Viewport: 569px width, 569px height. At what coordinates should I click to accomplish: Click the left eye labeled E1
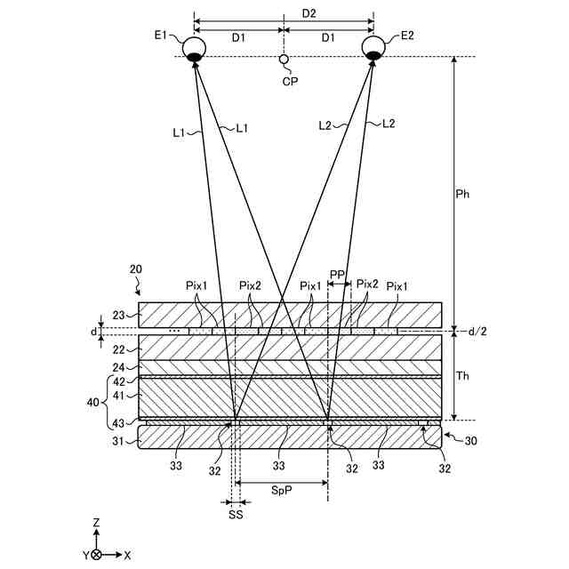coord(194,48)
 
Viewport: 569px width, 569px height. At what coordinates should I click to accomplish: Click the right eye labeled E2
coord(373,48)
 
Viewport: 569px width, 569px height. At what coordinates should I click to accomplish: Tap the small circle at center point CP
coord(284,60)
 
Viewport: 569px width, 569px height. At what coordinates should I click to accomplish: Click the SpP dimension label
coord(281,489)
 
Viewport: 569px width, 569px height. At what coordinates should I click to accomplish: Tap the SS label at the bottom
coord(235,513)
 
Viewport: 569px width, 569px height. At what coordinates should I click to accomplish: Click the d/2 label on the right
coord(479,331)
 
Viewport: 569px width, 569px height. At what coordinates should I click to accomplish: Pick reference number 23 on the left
coord(119,313)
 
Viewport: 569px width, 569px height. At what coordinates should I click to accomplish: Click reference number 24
coord(119,365)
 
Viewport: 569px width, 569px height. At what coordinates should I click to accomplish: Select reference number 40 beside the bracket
coord(93,401)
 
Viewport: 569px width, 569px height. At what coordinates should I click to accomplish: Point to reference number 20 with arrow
coord(136,269)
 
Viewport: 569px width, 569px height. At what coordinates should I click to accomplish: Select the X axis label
coord(127,555)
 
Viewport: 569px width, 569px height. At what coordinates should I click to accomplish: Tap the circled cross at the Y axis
coord(96,555)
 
